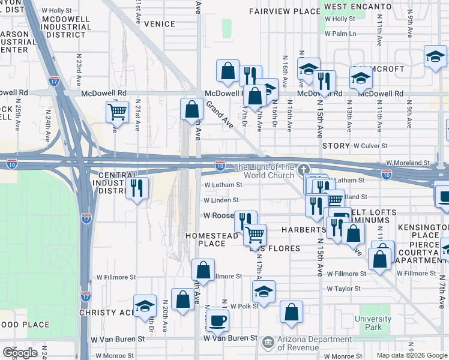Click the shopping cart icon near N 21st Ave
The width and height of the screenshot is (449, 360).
(x=117, y=111)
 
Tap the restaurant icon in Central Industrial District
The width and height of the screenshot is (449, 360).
(x=137, y=188)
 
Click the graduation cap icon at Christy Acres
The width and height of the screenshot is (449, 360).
(x=144, y=306)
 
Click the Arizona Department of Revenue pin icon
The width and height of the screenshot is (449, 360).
(x=267, y=344)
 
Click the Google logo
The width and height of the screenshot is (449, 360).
(x=20, y=353)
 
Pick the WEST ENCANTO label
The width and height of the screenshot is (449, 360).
(x=354, y=7)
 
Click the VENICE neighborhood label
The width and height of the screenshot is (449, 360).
(x=160, y=25)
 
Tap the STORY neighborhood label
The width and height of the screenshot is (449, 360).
(x=336, y=146)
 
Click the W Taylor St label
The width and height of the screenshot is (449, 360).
(x=343, y=289)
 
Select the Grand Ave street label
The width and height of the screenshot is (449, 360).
(x=219, y=115)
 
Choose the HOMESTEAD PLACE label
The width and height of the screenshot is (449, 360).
(x=212, y=240)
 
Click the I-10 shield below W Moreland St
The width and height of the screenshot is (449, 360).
(x=387, y=174)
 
